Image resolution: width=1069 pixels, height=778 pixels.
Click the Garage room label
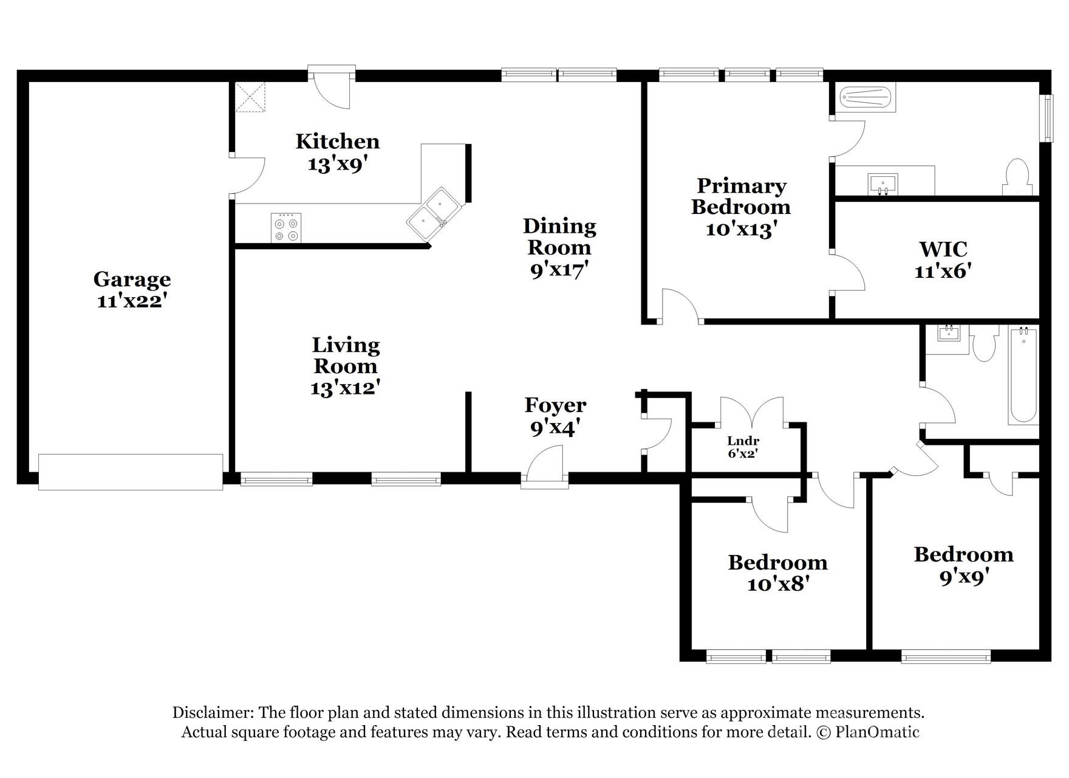tap(132, 280)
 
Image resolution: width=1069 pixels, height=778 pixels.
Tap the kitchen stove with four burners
tap(286, 228)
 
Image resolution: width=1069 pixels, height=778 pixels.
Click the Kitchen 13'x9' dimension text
tap(338, 164)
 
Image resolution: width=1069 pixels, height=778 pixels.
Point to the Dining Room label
tap(559, 236)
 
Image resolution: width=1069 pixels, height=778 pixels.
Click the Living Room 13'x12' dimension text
tap(345, 388)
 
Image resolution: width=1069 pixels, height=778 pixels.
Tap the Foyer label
tap(555, 405)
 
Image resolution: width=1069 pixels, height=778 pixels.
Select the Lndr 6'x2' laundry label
tap(743, 447)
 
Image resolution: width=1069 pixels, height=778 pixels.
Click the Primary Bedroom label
tap(741, 196)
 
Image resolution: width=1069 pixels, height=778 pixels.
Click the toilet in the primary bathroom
tap(1017, 177)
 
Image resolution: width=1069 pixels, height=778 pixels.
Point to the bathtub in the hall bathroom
tap(1023, 374)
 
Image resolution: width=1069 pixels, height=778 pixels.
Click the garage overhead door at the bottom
tap(131, 472)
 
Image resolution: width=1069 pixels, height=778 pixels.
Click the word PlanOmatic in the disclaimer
tap(877, 732)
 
